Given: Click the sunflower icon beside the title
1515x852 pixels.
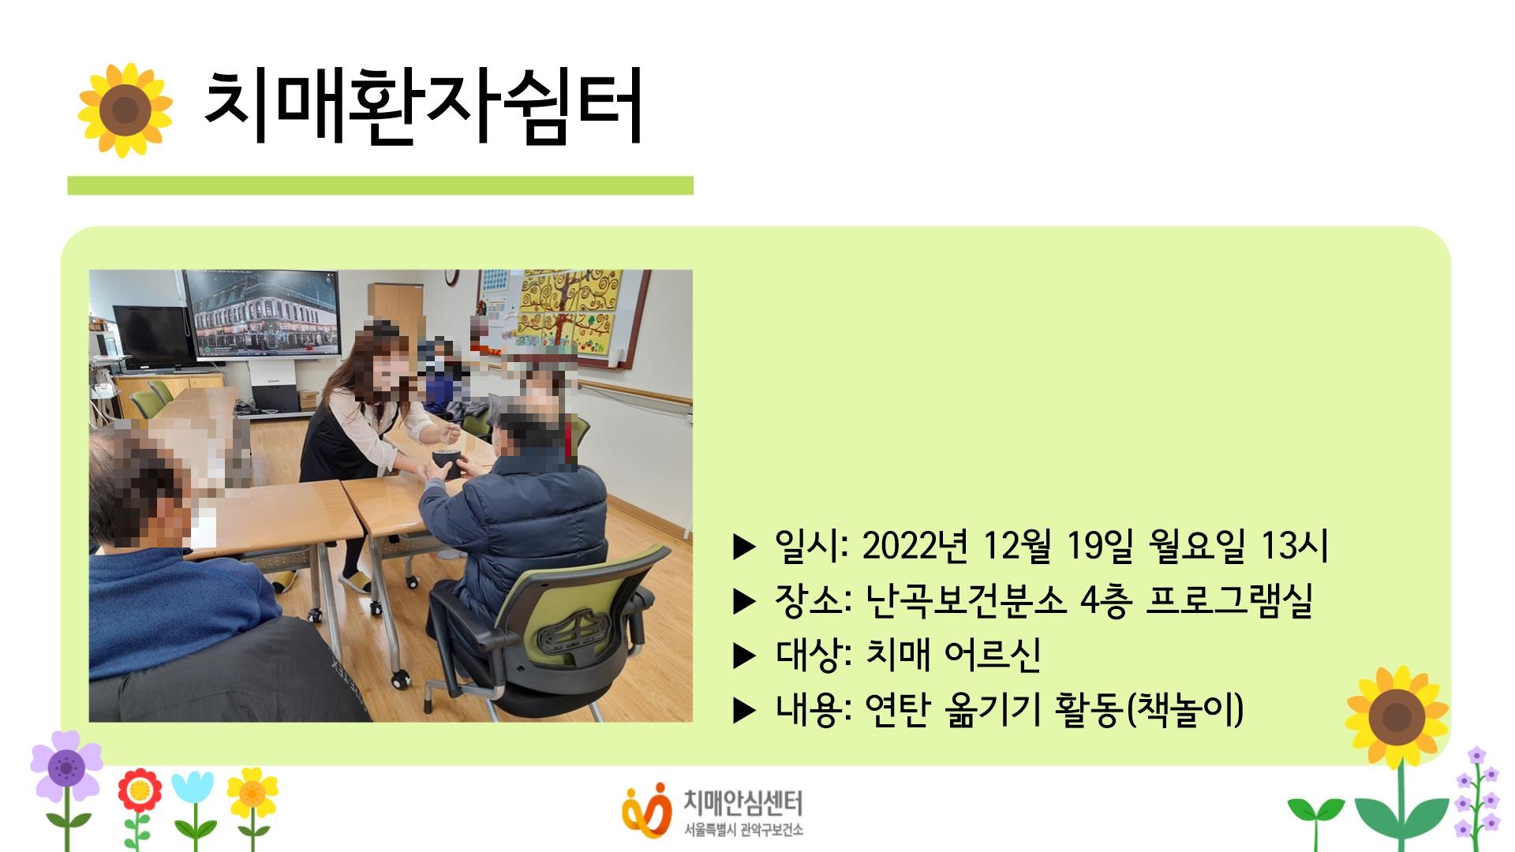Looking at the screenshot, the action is [x=125, y=110].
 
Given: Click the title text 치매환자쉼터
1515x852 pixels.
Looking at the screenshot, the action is [x=424, y=107].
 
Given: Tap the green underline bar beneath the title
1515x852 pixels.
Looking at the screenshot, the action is [x=380, y=185].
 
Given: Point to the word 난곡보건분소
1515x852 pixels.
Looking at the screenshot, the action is [x=966, y=600].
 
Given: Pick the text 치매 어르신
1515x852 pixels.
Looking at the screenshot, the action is [x=953, y=654].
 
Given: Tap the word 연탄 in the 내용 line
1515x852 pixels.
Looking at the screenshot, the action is [x=898, y=709].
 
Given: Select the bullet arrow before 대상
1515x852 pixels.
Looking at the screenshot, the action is [x=744, y=656].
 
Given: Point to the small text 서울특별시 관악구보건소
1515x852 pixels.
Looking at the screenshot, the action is [x=744, y=829].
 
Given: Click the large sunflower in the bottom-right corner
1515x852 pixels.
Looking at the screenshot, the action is [x=1397, y=717].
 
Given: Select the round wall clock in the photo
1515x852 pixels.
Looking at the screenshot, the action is [x=451, y=277].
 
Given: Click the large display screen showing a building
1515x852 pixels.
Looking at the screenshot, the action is [x=261, y=315].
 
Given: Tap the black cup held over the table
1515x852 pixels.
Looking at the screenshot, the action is [x=447, y=464].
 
